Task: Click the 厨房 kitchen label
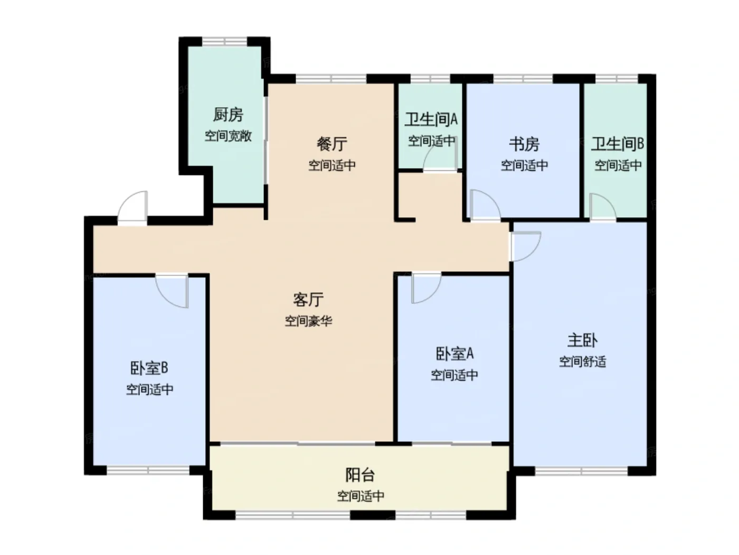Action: (228, 115)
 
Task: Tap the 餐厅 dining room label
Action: (331, 144)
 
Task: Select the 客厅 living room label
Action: (308, 299)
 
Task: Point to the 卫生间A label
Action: (431, 119)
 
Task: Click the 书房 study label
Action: (524, 144)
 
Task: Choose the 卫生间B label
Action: (618, 144)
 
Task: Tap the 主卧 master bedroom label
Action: (582, 340)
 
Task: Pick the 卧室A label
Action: (454, 354)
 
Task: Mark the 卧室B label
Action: (149, 368)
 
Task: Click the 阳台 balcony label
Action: (360, 475)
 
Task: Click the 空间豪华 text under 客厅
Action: (308, 321)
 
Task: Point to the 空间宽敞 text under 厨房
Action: (228, 136)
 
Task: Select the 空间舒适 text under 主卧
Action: (582, 362)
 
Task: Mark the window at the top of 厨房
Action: (224, 41)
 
